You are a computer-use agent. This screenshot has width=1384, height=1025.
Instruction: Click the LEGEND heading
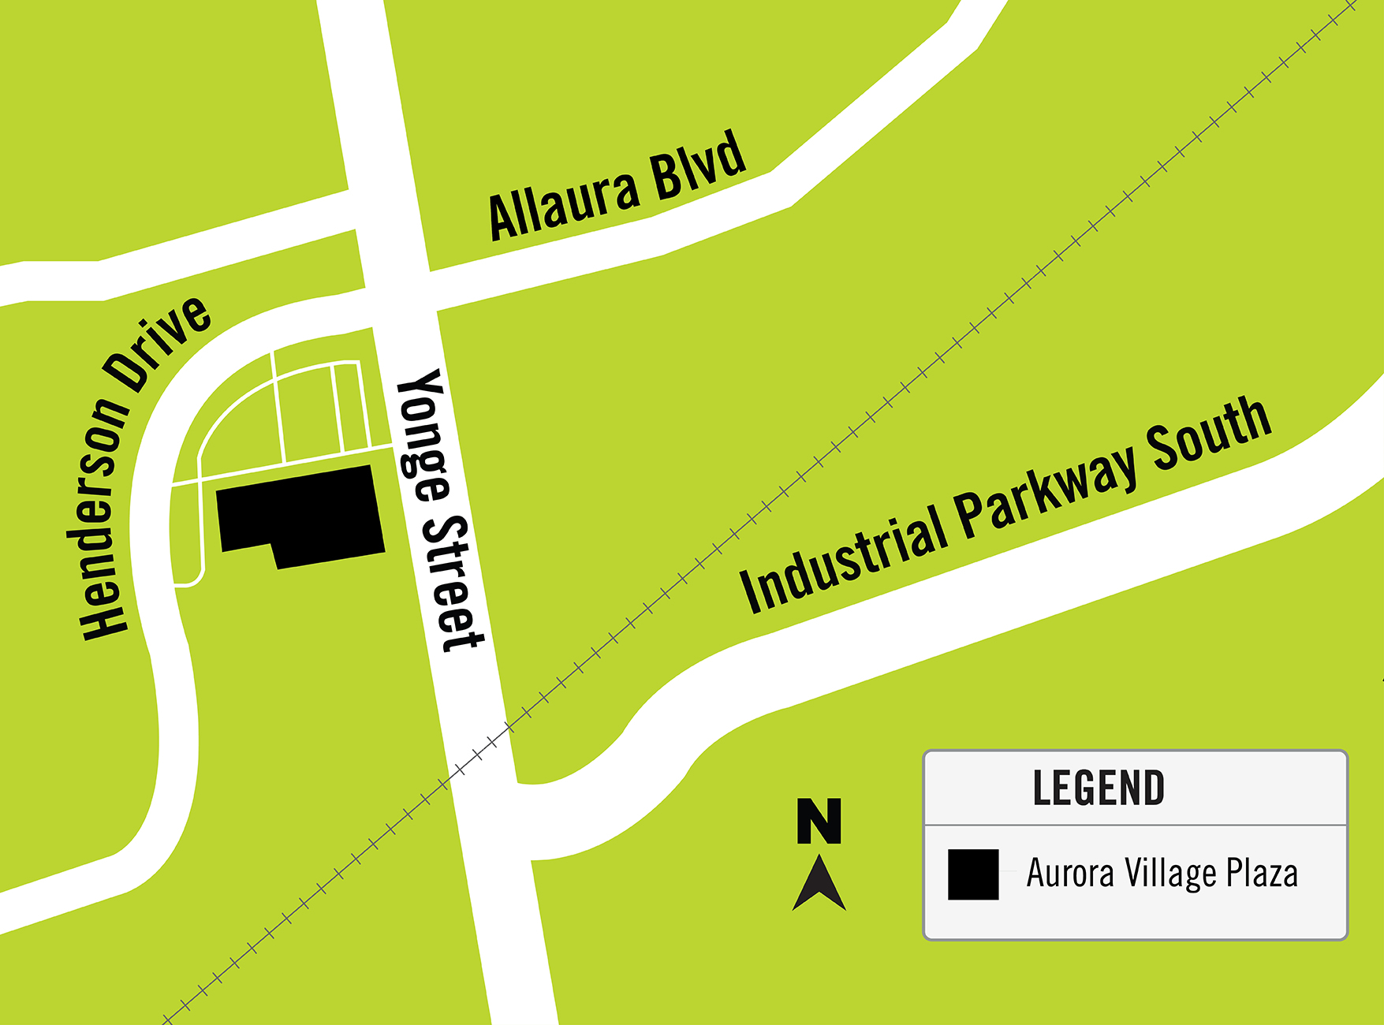coord(1099,788)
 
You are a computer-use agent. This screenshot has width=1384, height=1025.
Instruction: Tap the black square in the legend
coord(973,874)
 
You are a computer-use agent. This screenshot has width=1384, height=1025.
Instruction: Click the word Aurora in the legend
coord(1070,873)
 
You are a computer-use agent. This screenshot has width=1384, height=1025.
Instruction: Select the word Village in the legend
coord(1170,874)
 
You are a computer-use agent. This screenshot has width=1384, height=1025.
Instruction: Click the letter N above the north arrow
coord(819,821)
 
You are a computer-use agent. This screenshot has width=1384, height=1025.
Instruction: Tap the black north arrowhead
coord(819,885)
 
